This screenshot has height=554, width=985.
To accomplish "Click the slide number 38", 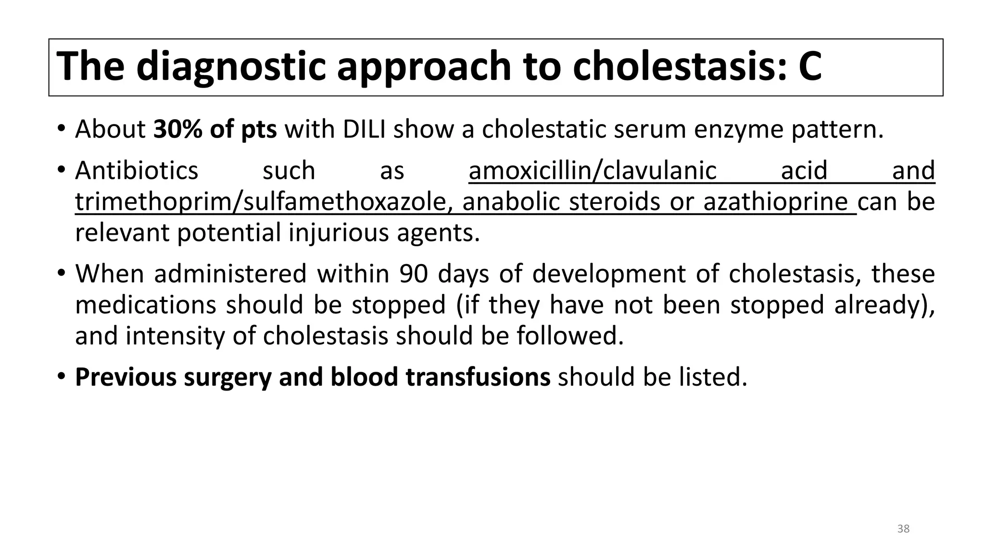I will [903, 529].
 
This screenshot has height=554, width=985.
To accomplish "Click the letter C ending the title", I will [810, 66].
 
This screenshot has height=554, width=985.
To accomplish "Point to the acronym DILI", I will [364, 129].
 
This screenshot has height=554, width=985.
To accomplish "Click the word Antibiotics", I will [137, 171].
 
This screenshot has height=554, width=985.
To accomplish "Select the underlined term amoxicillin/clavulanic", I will [593, 171].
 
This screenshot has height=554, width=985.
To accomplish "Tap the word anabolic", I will [511, 202].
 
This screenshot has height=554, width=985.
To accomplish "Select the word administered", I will [230, 274].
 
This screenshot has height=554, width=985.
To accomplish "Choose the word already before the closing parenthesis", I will [881, 305].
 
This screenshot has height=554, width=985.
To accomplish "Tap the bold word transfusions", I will [478, 377].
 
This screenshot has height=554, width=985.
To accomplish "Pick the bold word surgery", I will [227, 377].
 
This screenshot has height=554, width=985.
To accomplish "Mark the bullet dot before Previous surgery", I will [61, 376].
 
